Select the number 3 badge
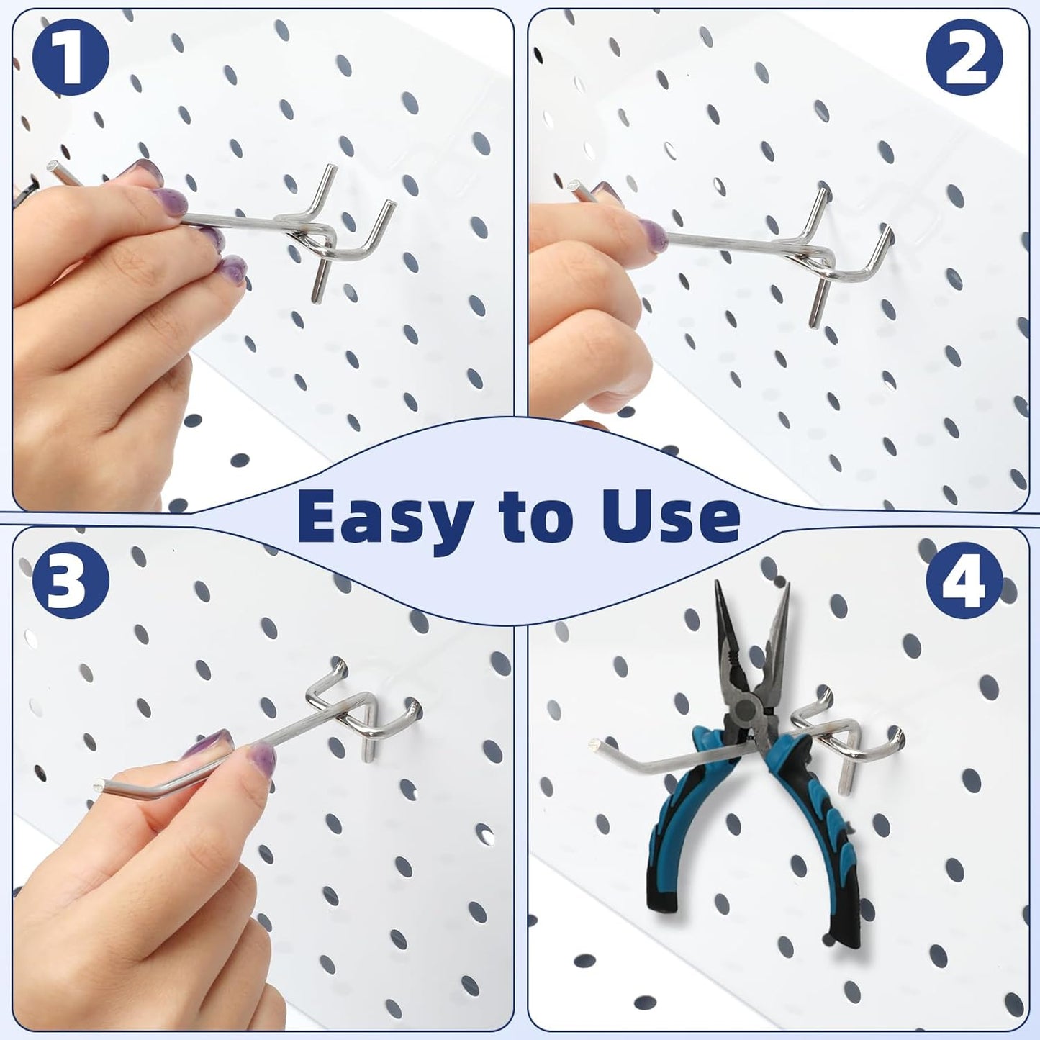click(x=70, y=582)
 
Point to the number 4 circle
click(x=964, y=582)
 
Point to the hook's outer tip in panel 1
click(x=55, y=167)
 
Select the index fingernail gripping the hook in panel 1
click(x=137, y=171)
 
